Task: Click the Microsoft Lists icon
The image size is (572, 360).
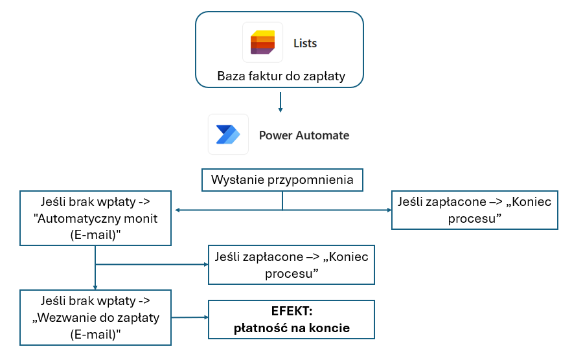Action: point(262,42)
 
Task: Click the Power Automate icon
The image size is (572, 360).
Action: point(228,135)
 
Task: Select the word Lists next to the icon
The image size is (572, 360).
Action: point(305,43)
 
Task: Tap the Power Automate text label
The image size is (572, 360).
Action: point(304,135)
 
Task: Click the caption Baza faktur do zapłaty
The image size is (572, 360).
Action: point(280,76)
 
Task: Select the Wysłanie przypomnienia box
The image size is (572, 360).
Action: point(282,180)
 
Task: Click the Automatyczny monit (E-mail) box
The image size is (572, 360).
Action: point(95,218)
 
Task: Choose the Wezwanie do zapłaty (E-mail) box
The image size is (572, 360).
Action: point(95,317)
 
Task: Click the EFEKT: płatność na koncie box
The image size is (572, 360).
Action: point(291,319)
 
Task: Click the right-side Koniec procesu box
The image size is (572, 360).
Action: point(475,210)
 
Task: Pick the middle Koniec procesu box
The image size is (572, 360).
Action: point(291,265)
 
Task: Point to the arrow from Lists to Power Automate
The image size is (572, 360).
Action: point(280,102)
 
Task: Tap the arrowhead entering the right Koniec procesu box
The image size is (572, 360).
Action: point(388,210)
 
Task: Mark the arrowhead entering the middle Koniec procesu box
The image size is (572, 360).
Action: point(204,264)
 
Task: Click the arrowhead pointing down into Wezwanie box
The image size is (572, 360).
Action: point(95,287)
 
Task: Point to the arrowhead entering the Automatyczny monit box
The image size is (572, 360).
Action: point(176,210)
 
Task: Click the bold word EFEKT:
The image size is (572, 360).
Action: point(291,311)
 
